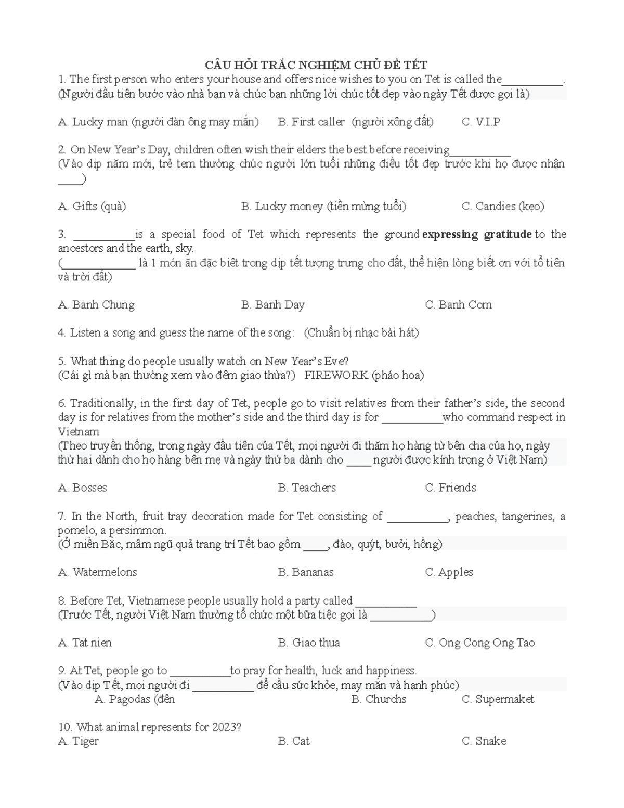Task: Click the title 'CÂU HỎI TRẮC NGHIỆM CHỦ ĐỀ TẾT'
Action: coord(316,65)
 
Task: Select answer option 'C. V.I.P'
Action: coord(480,122)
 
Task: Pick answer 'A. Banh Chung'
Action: coord(96,305)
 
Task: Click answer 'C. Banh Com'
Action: coord(458,305)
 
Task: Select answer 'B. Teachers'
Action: coord(307,488)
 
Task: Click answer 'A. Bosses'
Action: coord(83,488)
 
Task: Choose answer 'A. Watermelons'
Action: coord(98,572)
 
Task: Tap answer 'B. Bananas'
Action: coord(306,572)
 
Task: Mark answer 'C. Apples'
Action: coord(449,572)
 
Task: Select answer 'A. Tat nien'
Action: coord(85,643)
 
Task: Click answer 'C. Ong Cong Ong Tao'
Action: coord(479,643)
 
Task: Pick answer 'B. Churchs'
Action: coord(379,699)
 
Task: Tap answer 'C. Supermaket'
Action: coord(498,699)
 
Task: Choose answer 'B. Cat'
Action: coord(294,741)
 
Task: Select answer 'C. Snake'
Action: coord(484,741)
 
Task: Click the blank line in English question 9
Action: coord(200,674)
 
